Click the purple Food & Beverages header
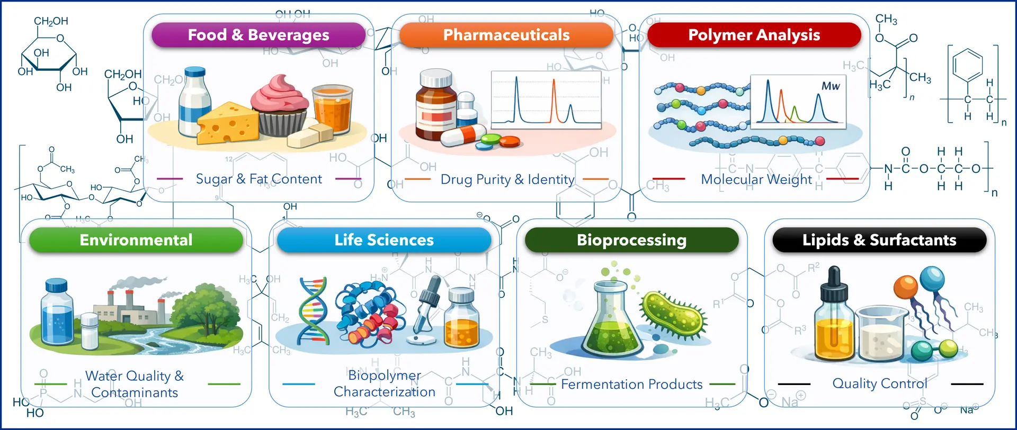(x=258, y=35)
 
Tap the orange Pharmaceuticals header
(x=506, y=35)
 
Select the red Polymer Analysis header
(x=754, y=35)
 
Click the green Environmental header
(x=136, y=240)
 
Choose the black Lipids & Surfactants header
(x=879, y=240)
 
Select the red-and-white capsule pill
(x=463, y=135)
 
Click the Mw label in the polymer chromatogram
(x=831, y=86)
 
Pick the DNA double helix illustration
(x=313, y=312)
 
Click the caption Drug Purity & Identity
(x=507, y=180)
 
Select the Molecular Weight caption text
(x=756, y=180)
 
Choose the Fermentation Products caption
(x=631, y=385)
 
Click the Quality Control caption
(x=879, y=383)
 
